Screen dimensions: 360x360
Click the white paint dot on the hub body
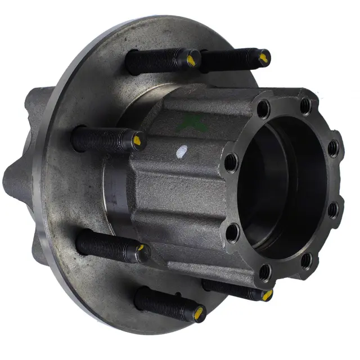pyautogui.click(x=181, y=151)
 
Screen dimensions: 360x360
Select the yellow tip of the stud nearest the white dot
pyautogui.click(x=138, y=138)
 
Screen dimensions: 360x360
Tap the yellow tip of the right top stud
pyautogui.click(x=263, y=56)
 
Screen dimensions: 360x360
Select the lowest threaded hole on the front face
pyautogui.click(x=265, y=273)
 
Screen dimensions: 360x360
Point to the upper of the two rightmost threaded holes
pyautogui.click(x=333, y=147)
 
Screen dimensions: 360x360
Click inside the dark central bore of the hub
pyautogui.click(x=281, y=186)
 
